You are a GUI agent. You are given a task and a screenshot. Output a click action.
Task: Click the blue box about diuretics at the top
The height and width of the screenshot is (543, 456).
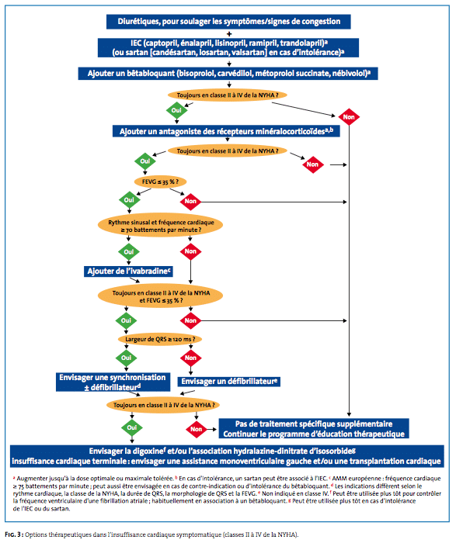pos(228,22)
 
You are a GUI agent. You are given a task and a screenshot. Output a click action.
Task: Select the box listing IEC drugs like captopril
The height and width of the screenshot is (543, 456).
pos(228,47)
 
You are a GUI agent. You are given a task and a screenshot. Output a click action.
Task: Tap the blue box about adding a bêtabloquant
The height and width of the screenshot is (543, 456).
pos(228,74)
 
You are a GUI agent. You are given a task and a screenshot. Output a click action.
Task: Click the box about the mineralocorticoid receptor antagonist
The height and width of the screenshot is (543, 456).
pos(226,131)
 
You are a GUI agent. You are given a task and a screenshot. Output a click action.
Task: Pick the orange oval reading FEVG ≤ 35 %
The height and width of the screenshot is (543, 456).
pos(160,182)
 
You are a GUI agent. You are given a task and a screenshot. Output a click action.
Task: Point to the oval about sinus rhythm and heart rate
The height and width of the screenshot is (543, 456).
pos(161,226)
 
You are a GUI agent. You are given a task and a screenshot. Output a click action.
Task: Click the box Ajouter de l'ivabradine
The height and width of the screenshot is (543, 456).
pos(128,271)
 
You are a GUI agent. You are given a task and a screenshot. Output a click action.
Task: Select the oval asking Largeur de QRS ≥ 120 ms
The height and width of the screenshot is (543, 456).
pos(160,339)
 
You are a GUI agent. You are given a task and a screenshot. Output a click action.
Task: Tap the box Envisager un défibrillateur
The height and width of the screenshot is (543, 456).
pos(229,382)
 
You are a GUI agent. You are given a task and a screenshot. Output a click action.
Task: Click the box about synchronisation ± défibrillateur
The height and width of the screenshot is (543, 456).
pos(113,382)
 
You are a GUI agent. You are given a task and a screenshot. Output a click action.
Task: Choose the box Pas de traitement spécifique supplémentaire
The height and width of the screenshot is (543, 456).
pos(314,428)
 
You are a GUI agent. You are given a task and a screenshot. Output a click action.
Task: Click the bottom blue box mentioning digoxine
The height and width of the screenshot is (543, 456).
pos(227,456)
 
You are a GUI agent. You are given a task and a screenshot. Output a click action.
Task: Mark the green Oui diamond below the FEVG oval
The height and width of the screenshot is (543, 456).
pos(129,200)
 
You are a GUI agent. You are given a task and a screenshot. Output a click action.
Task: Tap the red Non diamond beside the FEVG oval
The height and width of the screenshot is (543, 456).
pos(190,201)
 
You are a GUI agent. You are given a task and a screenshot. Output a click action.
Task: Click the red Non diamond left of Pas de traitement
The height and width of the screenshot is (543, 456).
pos(197,429)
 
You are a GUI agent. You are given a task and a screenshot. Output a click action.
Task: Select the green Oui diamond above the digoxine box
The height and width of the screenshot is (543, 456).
pos(132,427)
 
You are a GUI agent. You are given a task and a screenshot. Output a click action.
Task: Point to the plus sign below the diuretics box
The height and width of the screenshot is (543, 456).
pos(229,34)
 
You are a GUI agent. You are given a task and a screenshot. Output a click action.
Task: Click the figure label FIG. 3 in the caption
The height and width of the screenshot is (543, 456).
pos(14,534)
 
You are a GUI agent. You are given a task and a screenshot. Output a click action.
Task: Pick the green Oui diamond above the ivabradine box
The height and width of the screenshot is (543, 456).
pos(129,252)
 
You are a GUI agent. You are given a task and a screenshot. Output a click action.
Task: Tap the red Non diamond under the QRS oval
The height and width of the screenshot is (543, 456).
pos(191,358)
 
